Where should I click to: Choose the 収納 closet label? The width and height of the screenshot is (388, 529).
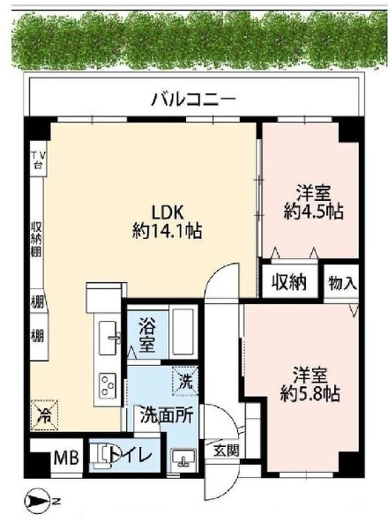288,283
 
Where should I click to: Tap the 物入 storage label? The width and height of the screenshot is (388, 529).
343,283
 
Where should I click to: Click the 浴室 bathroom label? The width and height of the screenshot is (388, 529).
146,334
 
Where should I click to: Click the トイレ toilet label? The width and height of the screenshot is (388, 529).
129,455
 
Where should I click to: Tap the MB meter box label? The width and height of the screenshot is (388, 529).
65,457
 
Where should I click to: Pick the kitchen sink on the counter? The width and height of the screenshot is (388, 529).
109,333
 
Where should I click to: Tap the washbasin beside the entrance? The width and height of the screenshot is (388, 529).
185,456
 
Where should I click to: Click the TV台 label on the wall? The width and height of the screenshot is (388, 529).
38,162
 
